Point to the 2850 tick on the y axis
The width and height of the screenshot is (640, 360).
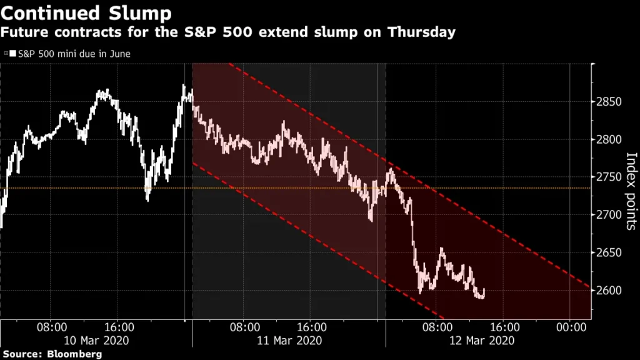tap(609, 102)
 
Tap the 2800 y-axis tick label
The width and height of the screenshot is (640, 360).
tap(609, 139)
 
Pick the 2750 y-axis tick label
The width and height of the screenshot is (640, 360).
tap(609, 177)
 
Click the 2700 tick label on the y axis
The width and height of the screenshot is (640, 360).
tap(609, 215)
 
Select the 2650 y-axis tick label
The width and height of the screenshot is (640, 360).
tap(609, 253)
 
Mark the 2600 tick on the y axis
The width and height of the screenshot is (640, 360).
tap(609, 291)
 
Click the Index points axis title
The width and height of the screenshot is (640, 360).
tap(631, 191)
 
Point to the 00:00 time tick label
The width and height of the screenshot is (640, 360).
tap(570, 327)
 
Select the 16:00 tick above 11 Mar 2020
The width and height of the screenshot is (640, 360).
tap(311, 327)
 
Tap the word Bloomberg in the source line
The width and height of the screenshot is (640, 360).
tap(75, 354)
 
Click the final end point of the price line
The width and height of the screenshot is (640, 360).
tap(485, 290)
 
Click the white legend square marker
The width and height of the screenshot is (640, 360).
tap(12, 54)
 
